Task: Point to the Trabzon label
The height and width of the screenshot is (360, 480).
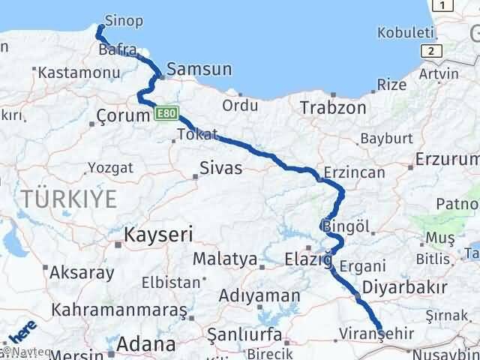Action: (x=334, y=107)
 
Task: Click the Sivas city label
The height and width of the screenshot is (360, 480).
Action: (x=220, y=167)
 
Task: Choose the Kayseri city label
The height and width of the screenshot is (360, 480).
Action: (x=158, y=234)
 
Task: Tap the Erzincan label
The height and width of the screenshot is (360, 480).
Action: (x=355, y=172)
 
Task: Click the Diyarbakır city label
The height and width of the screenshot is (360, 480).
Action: (x=405, y=287)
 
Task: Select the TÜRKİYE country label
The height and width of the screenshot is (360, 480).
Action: (x=69, y=199)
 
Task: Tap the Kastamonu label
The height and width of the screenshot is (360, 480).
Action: (x=69, y=73)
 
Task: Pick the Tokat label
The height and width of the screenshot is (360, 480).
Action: (x=197, y=135)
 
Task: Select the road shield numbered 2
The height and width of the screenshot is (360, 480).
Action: (x=430, y=50)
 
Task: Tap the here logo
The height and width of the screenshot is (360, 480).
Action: (x=22, y=330)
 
